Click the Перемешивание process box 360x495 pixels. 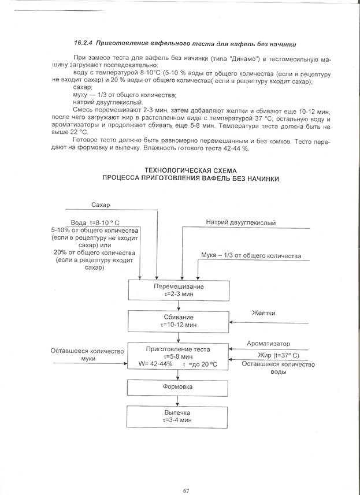[179, 289]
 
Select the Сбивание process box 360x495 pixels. [179, 321]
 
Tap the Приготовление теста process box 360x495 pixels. [179, 356]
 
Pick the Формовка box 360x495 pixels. [179, 386]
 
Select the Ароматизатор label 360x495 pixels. [269, 344]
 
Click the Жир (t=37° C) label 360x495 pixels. [279, 355]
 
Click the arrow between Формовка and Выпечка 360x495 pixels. [179, 400]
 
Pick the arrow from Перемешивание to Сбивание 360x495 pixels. [179, 306]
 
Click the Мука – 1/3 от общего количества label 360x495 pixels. [251, 255]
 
